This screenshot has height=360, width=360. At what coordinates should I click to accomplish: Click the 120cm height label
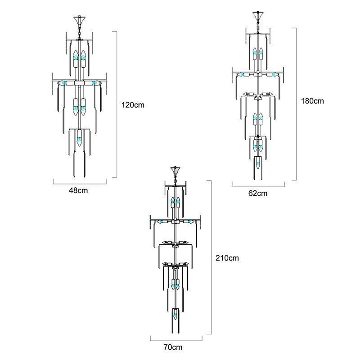pos(133,105)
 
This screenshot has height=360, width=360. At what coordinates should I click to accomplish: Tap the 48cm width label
pos(78,190)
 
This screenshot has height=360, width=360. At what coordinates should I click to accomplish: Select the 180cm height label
pos(312,101)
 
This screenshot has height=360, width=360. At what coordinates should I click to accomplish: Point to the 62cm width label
pos(258,193)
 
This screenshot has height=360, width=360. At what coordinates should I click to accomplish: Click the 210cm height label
pos(227,258)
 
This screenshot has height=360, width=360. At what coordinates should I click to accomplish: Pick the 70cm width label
pos(173,347)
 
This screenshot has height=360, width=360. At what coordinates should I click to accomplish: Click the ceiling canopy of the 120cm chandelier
pos(80,21)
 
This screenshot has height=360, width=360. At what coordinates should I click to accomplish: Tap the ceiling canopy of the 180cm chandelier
pos(258,16)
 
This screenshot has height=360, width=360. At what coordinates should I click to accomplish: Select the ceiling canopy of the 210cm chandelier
pos(175,171)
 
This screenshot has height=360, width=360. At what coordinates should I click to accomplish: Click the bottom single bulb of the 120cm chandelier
pos(80,139)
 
